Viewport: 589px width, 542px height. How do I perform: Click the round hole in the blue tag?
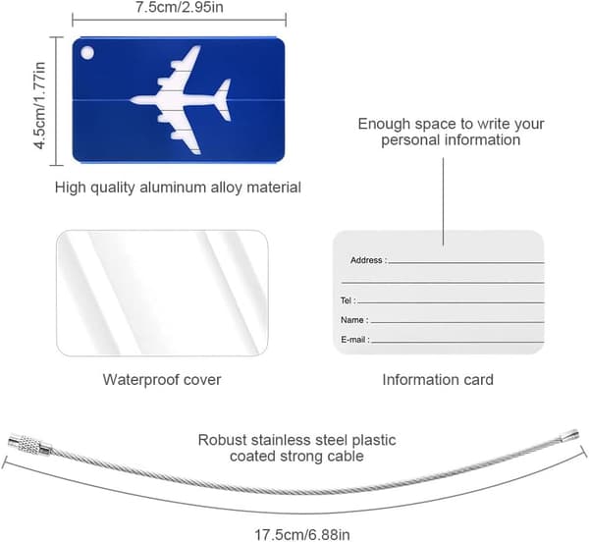[87, 53]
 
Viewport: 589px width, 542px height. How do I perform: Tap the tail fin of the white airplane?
[223, 99]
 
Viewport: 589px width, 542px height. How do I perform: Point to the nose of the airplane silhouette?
[132, 100]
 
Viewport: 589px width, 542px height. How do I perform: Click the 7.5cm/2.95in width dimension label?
[180, 7]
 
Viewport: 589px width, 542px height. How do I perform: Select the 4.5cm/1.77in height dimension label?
[40, 105]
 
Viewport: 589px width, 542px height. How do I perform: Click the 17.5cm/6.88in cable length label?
[302, 534]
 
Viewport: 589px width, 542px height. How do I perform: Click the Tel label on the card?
[346, 300]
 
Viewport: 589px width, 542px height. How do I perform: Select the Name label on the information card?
[352, 320]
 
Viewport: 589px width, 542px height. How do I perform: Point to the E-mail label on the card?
[353, 340]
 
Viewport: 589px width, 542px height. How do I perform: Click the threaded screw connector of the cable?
[30, 445]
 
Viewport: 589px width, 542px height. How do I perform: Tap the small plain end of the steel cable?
[569, 435]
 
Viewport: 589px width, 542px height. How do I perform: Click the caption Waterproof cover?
[162, 379]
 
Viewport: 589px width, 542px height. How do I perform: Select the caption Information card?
[438, 379]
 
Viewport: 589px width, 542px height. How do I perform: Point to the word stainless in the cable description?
[281, 440]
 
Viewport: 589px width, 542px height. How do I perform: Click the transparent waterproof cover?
[162, 293]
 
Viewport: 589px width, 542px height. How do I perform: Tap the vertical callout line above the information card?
[443, 201]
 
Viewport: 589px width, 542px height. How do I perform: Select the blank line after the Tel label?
[451, 302]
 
